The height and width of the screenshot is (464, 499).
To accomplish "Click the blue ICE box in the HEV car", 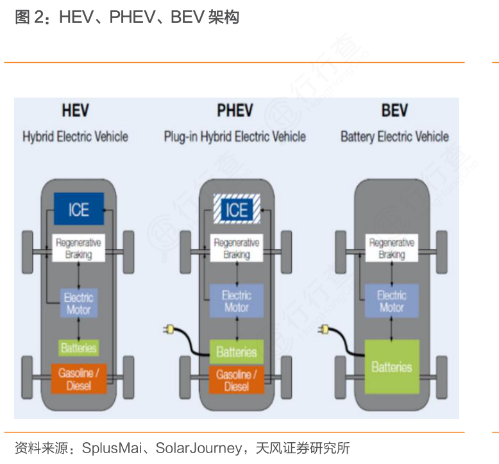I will coord(78,209).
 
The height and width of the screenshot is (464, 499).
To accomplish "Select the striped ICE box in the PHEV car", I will coord(236,209).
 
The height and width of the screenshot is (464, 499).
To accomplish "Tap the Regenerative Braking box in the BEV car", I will coord(391,248).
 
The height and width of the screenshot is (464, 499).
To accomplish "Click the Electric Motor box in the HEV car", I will coord(78,303).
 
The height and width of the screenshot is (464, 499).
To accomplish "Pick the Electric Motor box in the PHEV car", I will coord(236,300).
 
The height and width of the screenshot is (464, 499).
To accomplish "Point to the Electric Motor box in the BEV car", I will coord(391,300).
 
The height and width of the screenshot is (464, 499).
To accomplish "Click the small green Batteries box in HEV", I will coord(78,348).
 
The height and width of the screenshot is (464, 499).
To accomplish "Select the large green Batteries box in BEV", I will coord(391,366).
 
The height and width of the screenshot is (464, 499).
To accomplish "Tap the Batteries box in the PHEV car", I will coord(236,352).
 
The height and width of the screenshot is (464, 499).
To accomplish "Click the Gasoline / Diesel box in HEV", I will coord(78,379).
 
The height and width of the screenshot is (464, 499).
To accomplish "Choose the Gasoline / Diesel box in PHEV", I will coord(236,380).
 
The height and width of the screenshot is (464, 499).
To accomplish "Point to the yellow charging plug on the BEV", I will coord(325,330).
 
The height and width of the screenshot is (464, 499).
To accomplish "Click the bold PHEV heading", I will coord(235,110).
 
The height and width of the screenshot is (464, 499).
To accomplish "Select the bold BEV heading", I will coord(394,110).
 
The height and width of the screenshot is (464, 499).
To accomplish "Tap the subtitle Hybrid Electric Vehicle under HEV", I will coord(75,137).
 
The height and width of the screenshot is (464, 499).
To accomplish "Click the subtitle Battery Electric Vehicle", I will coord(394,137).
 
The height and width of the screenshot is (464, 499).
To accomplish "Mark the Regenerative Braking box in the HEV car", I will coord(78,248).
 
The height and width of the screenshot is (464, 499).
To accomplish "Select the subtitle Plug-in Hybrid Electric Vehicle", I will coord(235,137).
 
